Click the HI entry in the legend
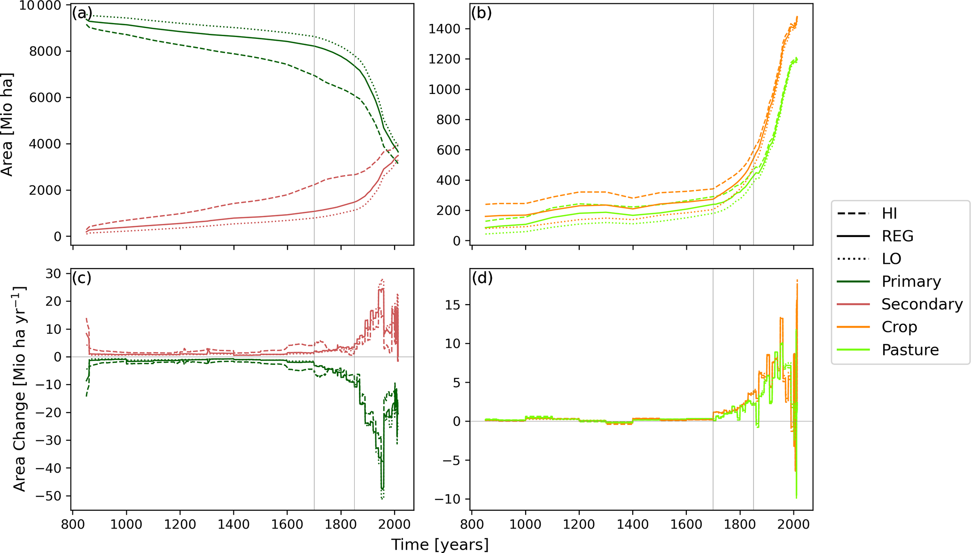coord(889,214)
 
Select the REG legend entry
coord(897,236)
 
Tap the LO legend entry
coord(891,259)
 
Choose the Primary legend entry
coord(911,281)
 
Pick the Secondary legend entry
coord(922,304)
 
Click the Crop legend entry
coord(899,327)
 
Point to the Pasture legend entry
coord(910,350)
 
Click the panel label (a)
coord(82,13)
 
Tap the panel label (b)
coord(482,13)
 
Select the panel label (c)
coord(81,278)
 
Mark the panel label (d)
coord(482,278)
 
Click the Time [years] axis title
coord(440,545)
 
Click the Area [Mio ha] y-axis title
coord(7,124)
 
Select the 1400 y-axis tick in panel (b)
coord(444,29)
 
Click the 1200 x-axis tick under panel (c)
coord(180,523)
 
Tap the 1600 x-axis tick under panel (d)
coord(686,523)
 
